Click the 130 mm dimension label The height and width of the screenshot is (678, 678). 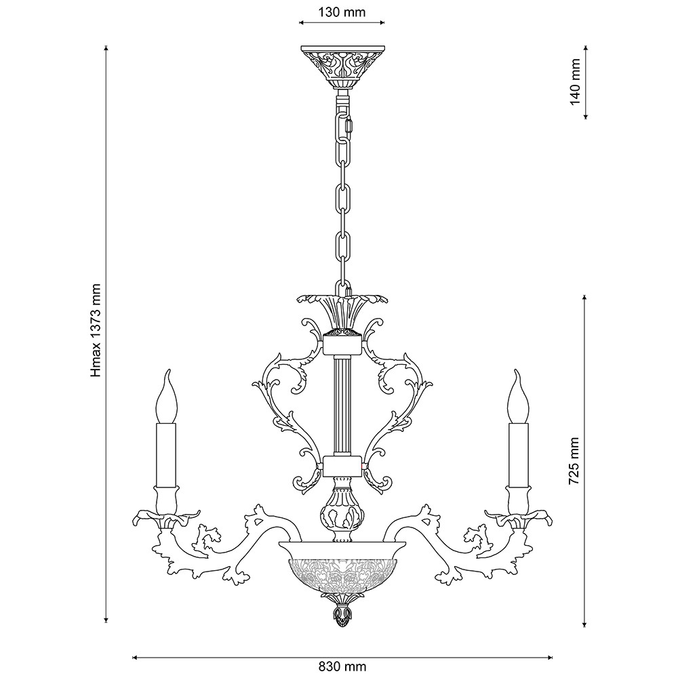[x=342, y=12]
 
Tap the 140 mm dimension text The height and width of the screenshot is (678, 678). [x=575, y=82]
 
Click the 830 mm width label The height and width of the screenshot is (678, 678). [x=341, y=666]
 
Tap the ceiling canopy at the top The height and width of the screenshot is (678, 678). [x=342, y=67]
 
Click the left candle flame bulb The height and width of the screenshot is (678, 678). [x=166, y=396]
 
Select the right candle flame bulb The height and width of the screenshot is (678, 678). [x=519, y=396]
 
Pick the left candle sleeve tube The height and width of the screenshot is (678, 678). [x=166, y=455]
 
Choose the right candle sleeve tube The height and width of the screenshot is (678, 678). [x=519, y=455]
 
